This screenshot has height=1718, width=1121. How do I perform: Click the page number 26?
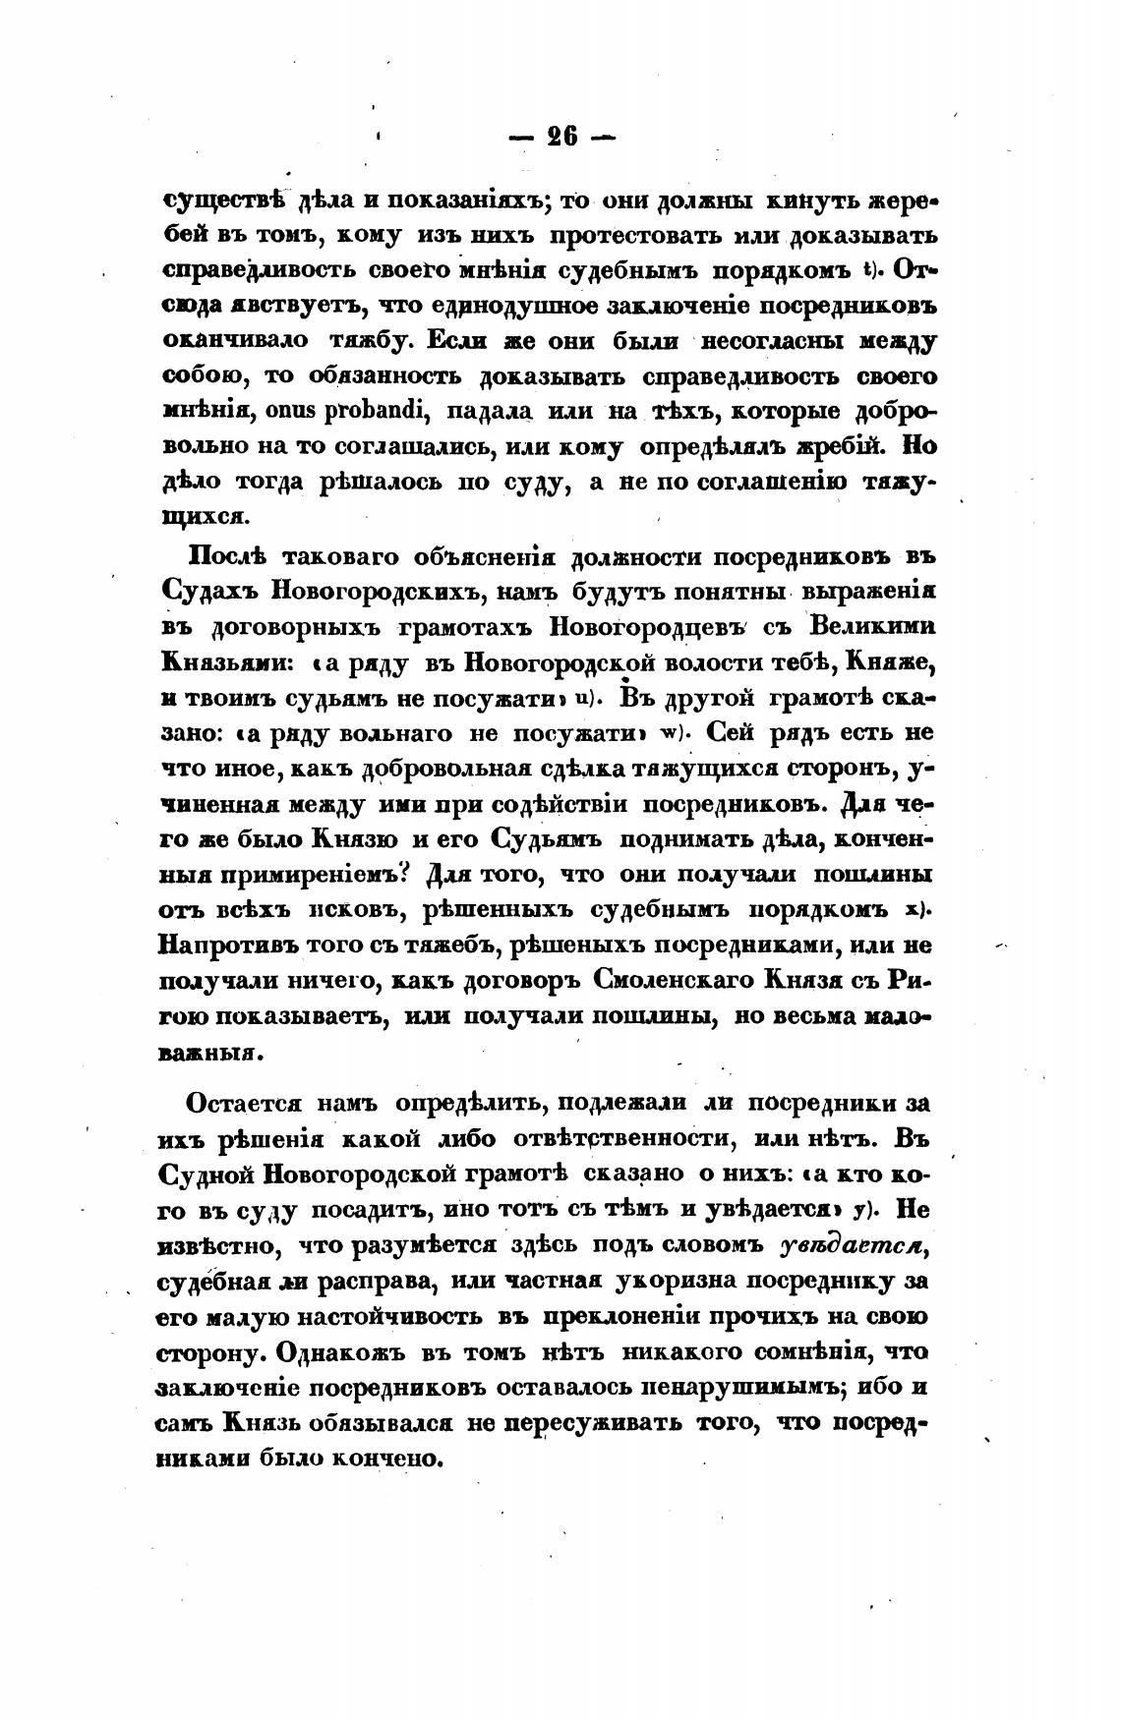(561, 137)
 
